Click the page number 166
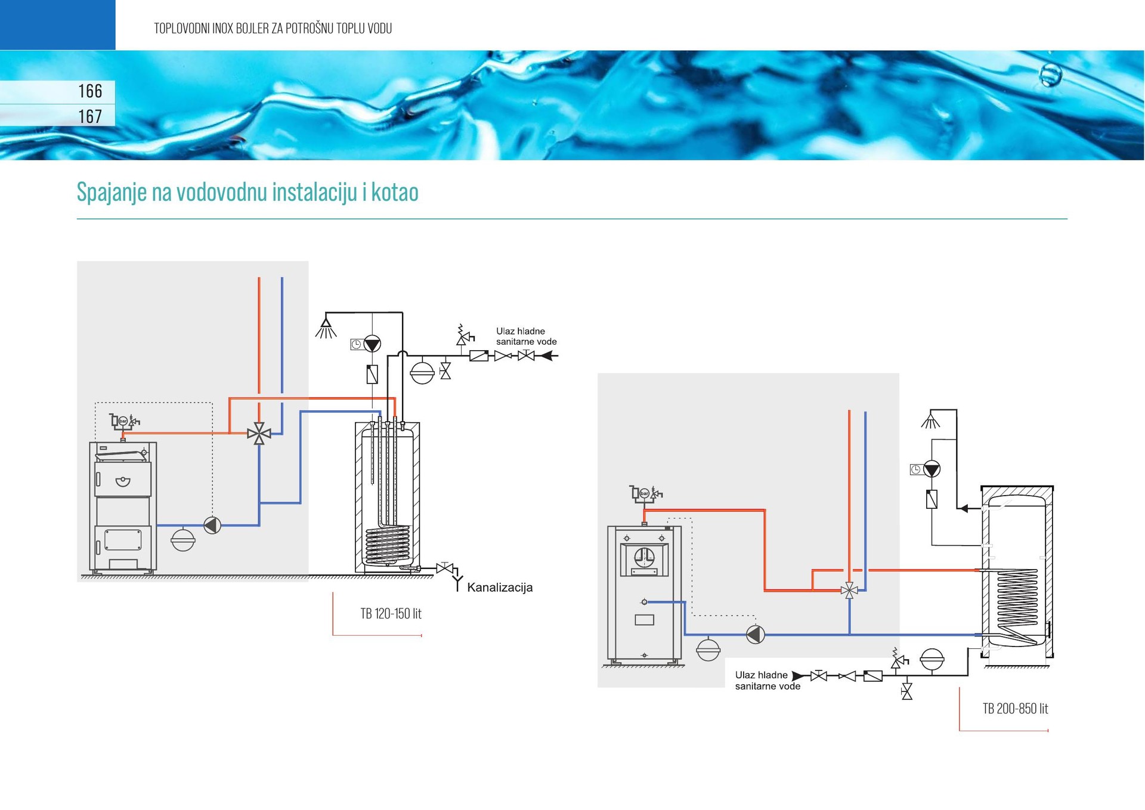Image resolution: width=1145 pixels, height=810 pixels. coord(90,91)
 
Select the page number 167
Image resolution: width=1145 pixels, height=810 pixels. coord(90,116)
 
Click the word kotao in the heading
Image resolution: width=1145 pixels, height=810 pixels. coord(395,192)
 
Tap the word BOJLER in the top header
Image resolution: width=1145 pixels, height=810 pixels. coord(252,28)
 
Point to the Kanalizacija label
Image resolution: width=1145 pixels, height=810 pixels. coord(500,588)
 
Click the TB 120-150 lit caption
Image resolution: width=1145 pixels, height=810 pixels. coord(391,614)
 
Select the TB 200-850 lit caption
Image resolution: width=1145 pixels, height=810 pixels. coord(1015,709)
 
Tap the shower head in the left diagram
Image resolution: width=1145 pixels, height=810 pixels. coord(326,328)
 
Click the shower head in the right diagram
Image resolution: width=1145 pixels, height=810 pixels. coord(930,422)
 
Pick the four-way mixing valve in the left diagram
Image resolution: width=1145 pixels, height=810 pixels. coord(259,433)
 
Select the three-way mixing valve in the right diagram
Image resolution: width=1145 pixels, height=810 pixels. coord(849,591)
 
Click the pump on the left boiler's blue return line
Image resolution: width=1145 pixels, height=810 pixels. coord(212,525)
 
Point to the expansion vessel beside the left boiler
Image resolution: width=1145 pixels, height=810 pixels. coord(183,539)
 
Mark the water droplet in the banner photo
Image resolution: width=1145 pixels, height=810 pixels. coord(1050,75)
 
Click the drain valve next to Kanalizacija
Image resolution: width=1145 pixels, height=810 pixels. coord(444,568)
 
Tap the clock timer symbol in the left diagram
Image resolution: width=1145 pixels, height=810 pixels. coord(356,344)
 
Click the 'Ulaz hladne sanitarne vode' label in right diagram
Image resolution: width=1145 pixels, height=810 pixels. coord(767,681)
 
